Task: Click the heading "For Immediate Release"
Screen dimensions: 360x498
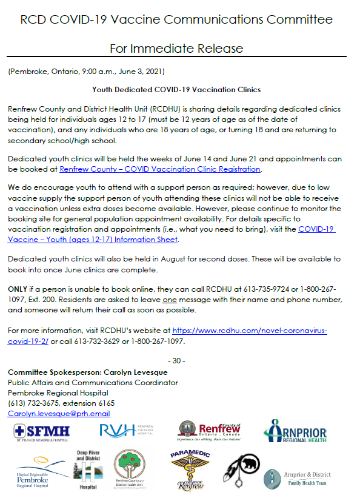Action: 176,47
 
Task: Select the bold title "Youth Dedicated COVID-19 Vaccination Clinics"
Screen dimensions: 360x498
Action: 176,89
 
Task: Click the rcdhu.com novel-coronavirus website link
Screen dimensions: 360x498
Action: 250,331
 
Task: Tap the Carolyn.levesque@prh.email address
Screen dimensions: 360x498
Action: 59,413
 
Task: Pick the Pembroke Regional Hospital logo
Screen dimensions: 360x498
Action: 36,469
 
